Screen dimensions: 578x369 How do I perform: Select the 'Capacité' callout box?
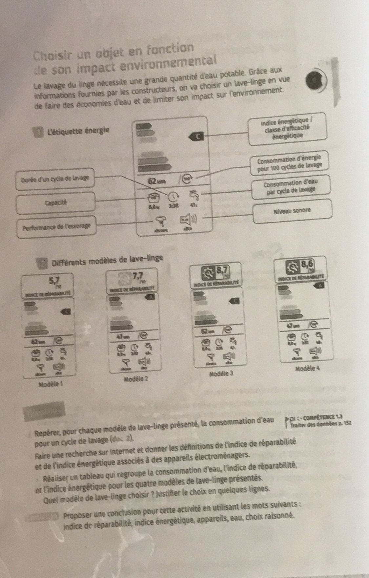[x=55, y=203]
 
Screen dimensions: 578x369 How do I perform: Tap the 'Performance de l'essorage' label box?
[x=57, y=227]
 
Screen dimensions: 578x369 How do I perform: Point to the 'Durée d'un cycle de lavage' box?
[x=55, y=179]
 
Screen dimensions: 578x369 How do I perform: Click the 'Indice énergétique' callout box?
[x=288, y=129]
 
